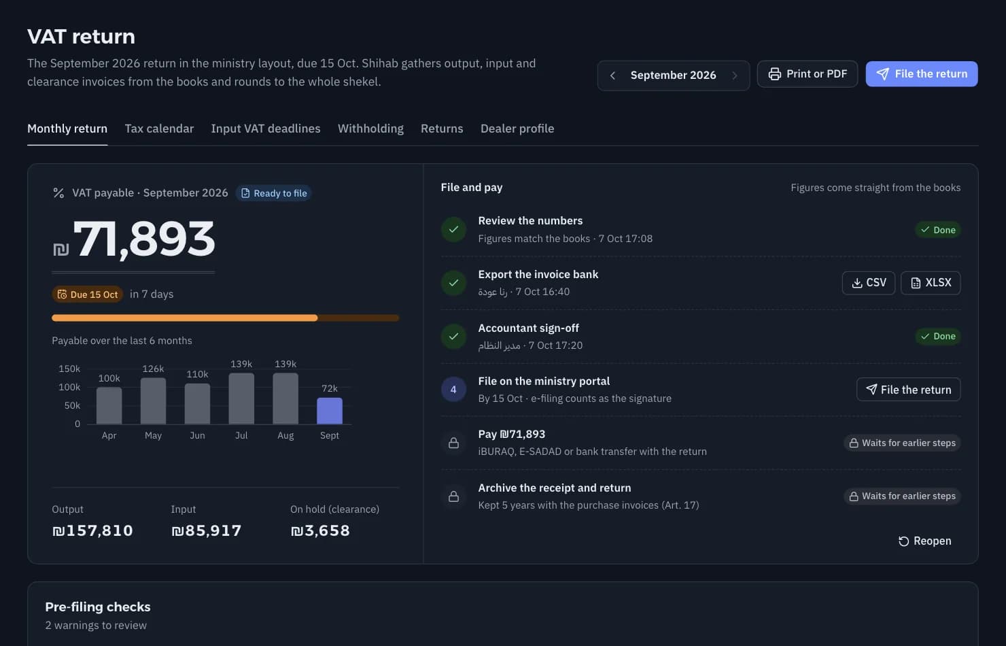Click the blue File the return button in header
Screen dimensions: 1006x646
[921, 74]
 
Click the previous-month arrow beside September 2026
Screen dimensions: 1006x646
[612, 75]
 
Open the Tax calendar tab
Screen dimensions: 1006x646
[159, 129]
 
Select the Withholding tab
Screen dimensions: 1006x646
[370, 129]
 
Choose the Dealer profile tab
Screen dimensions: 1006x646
[517, 129]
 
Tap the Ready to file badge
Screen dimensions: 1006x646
[273, 193]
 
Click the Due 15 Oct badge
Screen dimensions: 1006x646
[88, 294]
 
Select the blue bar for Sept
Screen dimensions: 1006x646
[330, 411]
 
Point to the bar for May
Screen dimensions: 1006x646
[153, 401]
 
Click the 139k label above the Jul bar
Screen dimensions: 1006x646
[241, 364]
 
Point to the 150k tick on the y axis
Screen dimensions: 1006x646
[69, 369]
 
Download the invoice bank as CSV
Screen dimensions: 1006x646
[869, 283]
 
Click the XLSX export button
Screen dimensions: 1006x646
[931, 283]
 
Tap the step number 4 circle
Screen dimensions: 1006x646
[453, 390]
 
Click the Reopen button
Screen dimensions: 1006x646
[924, 541]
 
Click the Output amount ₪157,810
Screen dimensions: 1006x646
[92, 530]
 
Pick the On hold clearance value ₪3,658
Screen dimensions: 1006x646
[320, 530]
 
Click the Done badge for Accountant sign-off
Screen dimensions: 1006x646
[938, 337]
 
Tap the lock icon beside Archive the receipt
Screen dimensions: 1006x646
[453, 496]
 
